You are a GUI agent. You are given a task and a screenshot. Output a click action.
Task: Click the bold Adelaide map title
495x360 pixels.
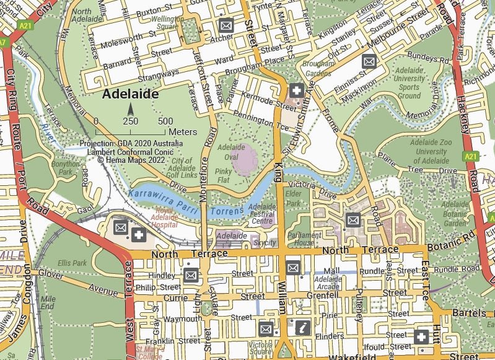pyautogui.click(x=131, y=94)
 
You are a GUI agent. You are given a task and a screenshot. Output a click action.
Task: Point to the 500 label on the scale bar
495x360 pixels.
pyautogui.click(x=165, y=121)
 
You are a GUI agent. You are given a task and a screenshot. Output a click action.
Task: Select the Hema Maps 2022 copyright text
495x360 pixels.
pyautogui.click(x=131, y=159)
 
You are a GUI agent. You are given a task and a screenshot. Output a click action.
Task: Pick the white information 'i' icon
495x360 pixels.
pyautogui.click(x=302, y=328)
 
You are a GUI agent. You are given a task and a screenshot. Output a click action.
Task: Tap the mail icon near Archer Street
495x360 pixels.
pyautogui.click(x=226, y=26)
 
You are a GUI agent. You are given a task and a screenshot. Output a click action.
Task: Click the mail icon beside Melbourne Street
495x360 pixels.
pyautogui.click(x=369, y=61)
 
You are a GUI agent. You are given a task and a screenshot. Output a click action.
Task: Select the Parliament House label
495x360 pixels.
pyautogui.click(x=304, y=239)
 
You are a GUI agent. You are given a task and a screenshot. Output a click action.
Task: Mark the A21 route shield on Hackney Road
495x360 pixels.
pyautogui.click(x=471, y=157)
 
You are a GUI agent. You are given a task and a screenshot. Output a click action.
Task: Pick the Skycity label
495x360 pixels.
pyautogui.click(x=265, y=243)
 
